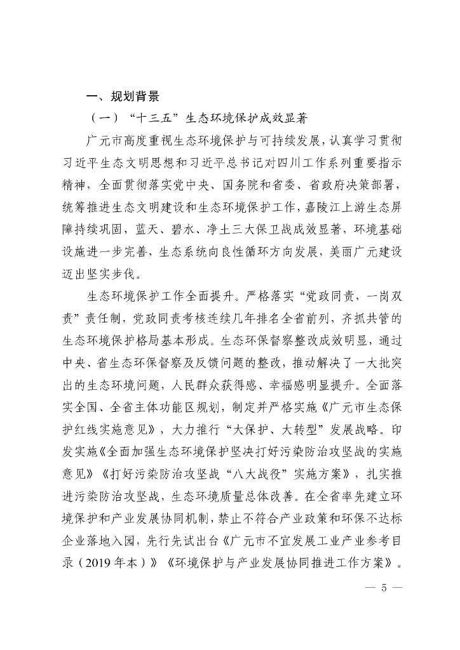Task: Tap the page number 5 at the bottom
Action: pyautogui.click(x=383, y=587)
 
